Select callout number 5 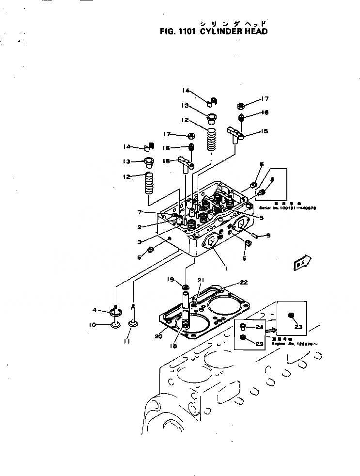(261, 218)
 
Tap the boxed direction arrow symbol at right (300, 263)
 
